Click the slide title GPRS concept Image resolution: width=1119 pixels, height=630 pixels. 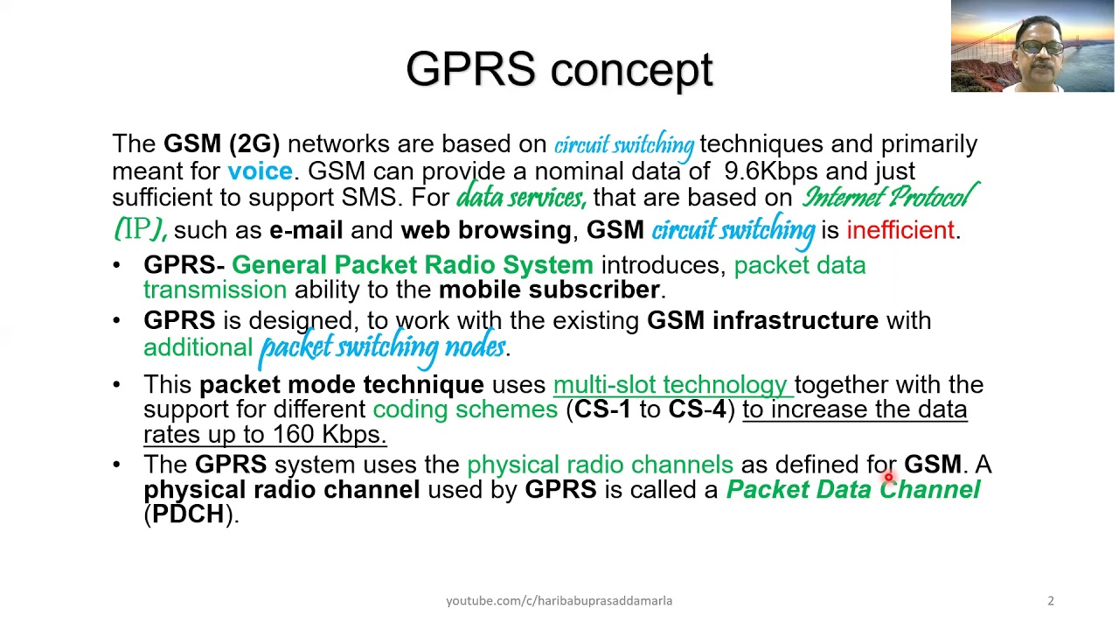click(x=559, y=70)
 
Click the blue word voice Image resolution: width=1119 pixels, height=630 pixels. click(x=260, y=171)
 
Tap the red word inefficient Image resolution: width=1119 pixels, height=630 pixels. click(x=901, y=230)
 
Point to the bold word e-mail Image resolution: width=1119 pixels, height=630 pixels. click(x=306, y=230)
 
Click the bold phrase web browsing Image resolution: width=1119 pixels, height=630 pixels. click(x=485, y=230)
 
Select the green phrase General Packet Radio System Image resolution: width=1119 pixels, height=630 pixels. click(x=412, y=265)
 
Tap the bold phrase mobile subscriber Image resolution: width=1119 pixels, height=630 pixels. click(x=549, y=290)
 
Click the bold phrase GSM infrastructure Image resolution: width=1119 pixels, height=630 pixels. click(x=762, y=320)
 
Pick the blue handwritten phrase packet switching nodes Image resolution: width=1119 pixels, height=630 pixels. click(x=382, y=347)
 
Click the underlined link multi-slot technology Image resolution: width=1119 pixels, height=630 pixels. click(x=670, y=384)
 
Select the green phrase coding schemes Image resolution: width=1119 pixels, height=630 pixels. click(x=465, y=409)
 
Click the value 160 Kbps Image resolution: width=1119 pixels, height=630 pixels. click(x=329, y=434)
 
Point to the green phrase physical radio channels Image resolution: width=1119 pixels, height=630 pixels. click(x=600, y=464)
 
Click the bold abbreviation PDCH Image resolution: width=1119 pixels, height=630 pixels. click(x=188, y=514)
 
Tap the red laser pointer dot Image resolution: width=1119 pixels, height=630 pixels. click(x=888, y=476)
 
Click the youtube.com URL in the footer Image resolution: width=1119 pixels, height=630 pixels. click(x=559, y=600)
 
